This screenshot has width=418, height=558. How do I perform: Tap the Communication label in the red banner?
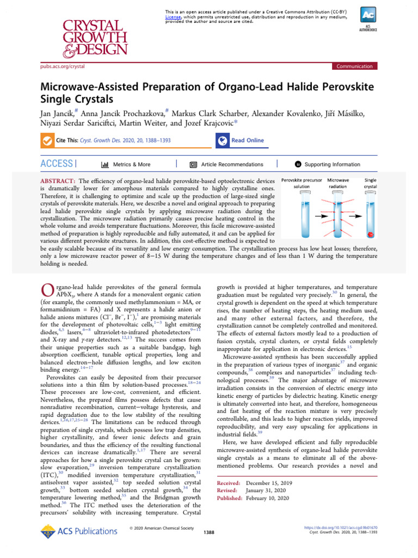coord(354,66)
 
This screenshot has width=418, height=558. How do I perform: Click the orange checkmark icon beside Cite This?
coord(47,141)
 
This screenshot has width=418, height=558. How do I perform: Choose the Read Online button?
coord(241,141)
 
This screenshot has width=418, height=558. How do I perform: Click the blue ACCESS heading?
coord(57,164)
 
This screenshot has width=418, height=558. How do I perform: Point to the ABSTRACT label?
coord(58,180)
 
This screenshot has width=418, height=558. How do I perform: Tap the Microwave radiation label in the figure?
coord(337,183)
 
